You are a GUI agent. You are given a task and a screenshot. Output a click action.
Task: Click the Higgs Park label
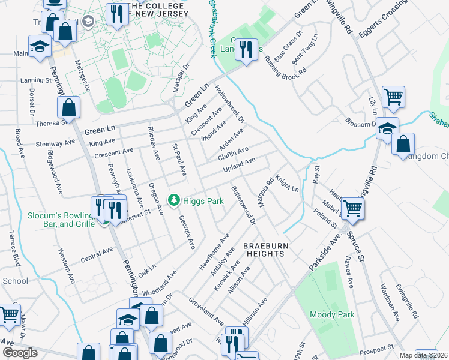203,200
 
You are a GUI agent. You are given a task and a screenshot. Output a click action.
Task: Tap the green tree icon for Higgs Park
174,199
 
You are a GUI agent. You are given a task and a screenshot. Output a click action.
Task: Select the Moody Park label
332,314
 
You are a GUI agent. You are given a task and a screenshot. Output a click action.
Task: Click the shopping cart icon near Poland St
352,208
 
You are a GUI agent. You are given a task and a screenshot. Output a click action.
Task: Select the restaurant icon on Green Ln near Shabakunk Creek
245,49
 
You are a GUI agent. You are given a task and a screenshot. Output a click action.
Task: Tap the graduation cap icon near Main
40,47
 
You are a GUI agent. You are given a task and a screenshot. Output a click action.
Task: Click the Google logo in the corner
20,352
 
